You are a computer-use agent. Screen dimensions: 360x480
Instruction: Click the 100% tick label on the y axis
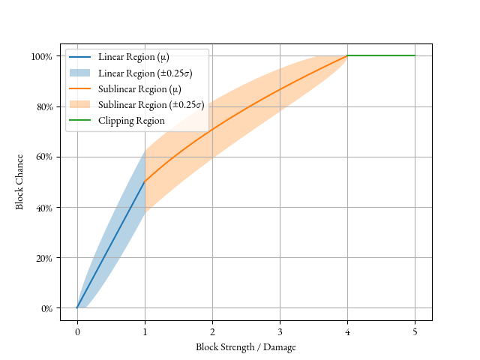(x=42, y=56)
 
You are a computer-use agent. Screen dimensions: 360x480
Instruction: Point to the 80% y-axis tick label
(x=43, y=106)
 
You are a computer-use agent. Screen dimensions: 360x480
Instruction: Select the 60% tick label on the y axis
(x=43, y=157)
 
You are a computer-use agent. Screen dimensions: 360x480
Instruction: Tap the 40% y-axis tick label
(x=43, y=207)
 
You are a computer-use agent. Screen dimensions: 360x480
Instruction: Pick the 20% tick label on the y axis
(x=43, y=257)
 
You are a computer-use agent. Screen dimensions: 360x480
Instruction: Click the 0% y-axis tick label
(x=46, y=307)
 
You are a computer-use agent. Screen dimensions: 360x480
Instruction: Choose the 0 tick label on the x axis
(x=76, y=331)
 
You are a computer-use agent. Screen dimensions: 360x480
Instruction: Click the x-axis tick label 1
(x=145, y=331)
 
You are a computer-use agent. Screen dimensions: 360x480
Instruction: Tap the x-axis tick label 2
(x=212, y=331)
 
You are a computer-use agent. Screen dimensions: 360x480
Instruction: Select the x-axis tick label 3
(x=280, y=331)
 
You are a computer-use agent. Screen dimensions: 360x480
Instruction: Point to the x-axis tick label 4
(x=347, y=331)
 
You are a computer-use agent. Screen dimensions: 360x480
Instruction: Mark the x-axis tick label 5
(x=415, y=331)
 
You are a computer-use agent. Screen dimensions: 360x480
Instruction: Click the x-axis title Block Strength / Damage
(x=246, y=346)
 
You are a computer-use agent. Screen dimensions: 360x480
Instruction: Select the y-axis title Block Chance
(x=20, y=181)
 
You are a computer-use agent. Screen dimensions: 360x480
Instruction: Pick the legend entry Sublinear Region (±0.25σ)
(x=151, y=104)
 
